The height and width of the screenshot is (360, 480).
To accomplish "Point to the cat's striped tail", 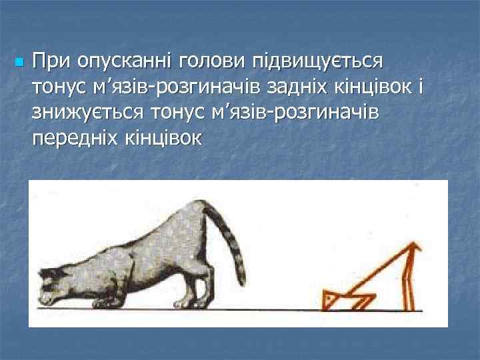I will coord(231,240).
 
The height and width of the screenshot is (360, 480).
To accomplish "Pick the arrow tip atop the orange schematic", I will coord(417,248).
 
